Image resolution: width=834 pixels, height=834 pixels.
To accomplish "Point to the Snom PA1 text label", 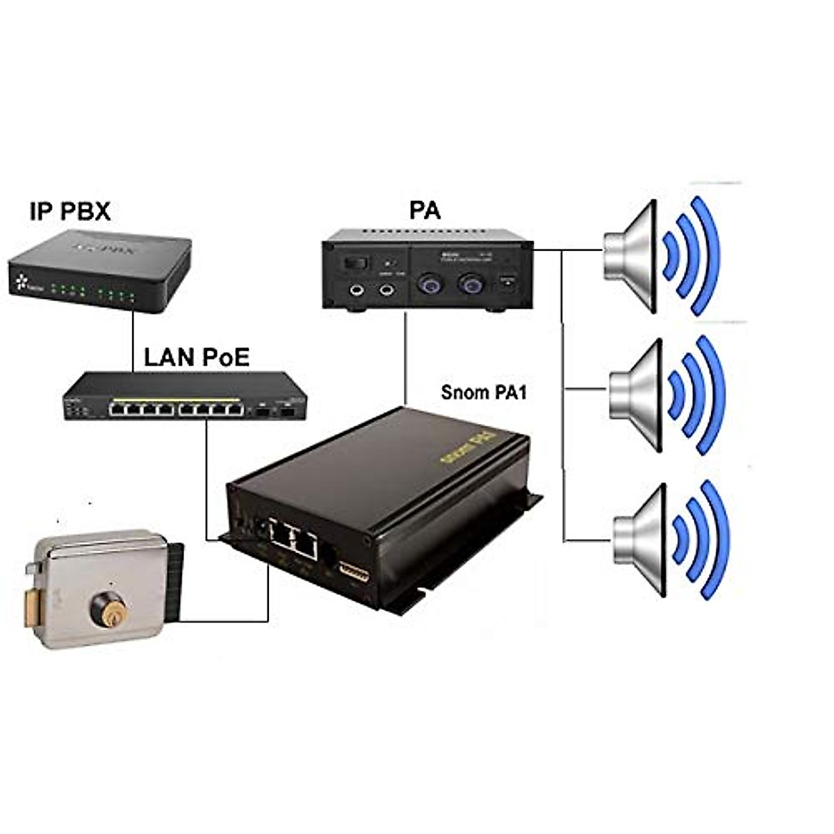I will [x=484, y=393].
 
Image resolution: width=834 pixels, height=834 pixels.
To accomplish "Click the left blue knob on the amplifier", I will [x=427, y=284].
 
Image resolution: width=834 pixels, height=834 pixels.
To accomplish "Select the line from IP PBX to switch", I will [x=132, y=341].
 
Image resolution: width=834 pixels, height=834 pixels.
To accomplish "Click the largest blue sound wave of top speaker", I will [x=709, y=256].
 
